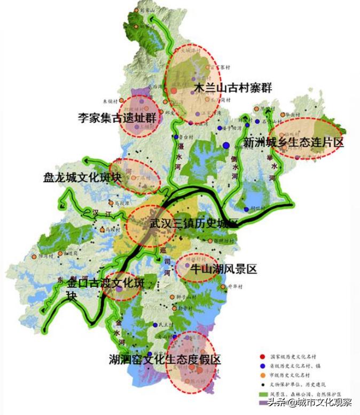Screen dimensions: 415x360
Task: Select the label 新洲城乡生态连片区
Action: coord(293,143)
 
